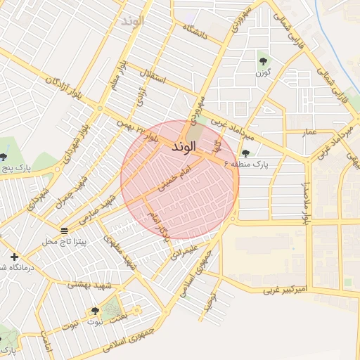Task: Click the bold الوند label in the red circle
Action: pyautogui.click(x=182, y=148)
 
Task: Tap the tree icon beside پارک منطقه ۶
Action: pyautogui.click(x=245, y=153)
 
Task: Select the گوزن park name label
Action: pyautogui.click(x=263, y=72)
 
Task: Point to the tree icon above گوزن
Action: pyautogui.click(x=264, y=60)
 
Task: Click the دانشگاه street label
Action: pyautogui.click(x=195, y=32)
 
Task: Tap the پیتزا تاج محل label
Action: pyautogui.click(x=64, y=242)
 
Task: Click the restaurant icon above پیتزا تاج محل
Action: pyautogui.click(x=64, y=231)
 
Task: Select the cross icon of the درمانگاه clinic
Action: pyautogui.click(x=14, y=256)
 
